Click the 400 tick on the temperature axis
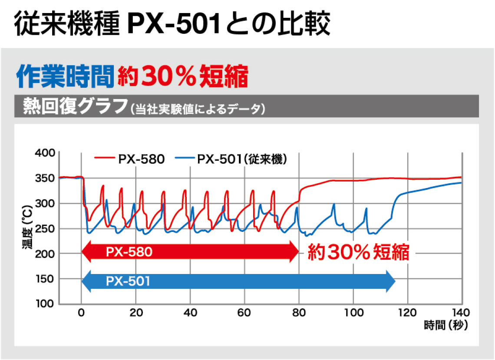point(44,153)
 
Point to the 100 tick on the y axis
point(44,304)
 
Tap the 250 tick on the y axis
point(44,228)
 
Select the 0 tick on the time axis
point(81,313)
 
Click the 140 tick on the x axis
point(461,313)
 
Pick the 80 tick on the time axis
point(299,313)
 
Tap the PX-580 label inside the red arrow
point(129,252)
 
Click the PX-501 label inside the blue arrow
point(128,281)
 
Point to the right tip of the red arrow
point(299,252)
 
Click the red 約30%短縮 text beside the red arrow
point(359,252)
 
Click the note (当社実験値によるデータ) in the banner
point(197,109)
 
